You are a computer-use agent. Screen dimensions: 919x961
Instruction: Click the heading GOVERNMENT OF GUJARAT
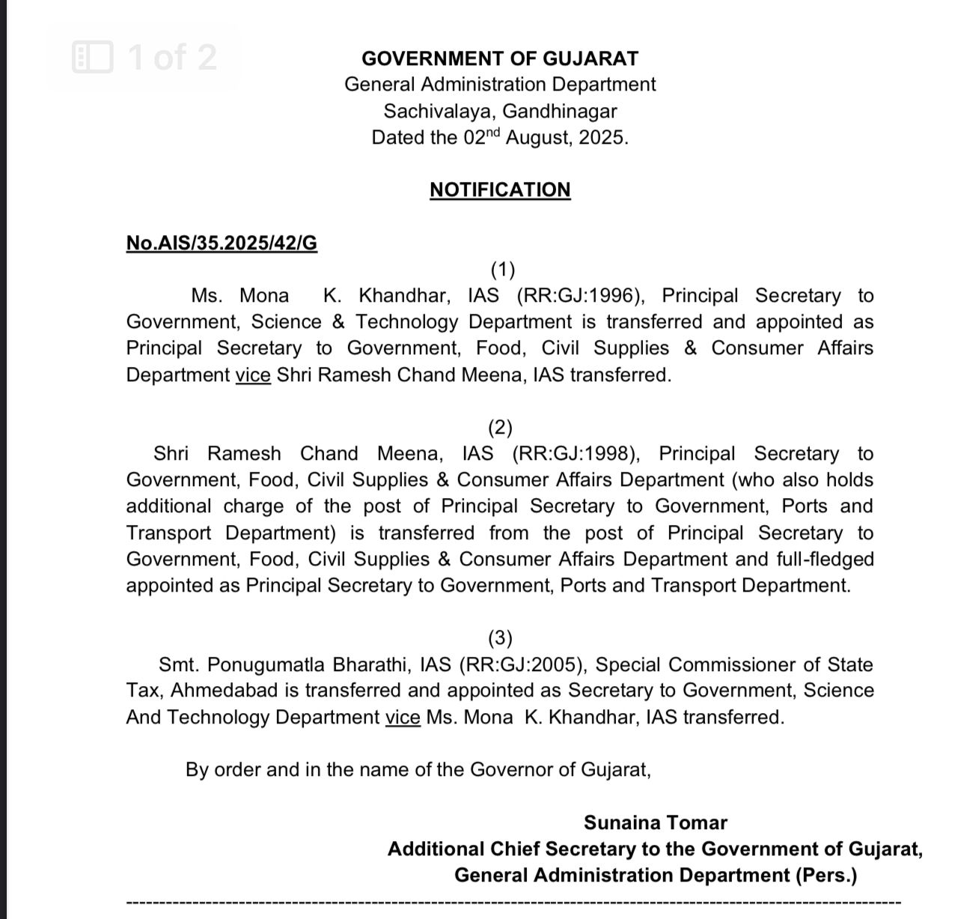pos(500,58)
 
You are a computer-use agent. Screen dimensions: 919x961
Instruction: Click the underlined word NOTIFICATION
pos(500,189)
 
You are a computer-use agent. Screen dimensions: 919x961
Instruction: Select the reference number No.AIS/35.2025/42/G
pos(222,243)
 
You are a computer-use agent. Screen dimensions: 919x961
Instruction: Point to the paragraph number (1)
pos(502,269)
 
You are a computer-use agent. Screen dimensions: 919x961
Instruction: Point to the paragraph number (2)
pos(500,428)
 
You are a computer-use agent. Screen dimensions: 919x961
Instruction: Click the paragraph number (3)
pos(500,638)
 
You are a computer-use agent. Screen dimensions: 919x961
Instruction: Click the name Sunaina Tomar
pos(656,822)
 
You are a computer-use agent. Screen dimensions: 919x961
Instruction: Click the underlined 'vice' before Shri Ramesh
pos(253,374)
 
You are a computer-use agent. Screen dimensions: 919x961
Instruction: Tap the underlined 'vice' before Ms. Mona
pos(403,718)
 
